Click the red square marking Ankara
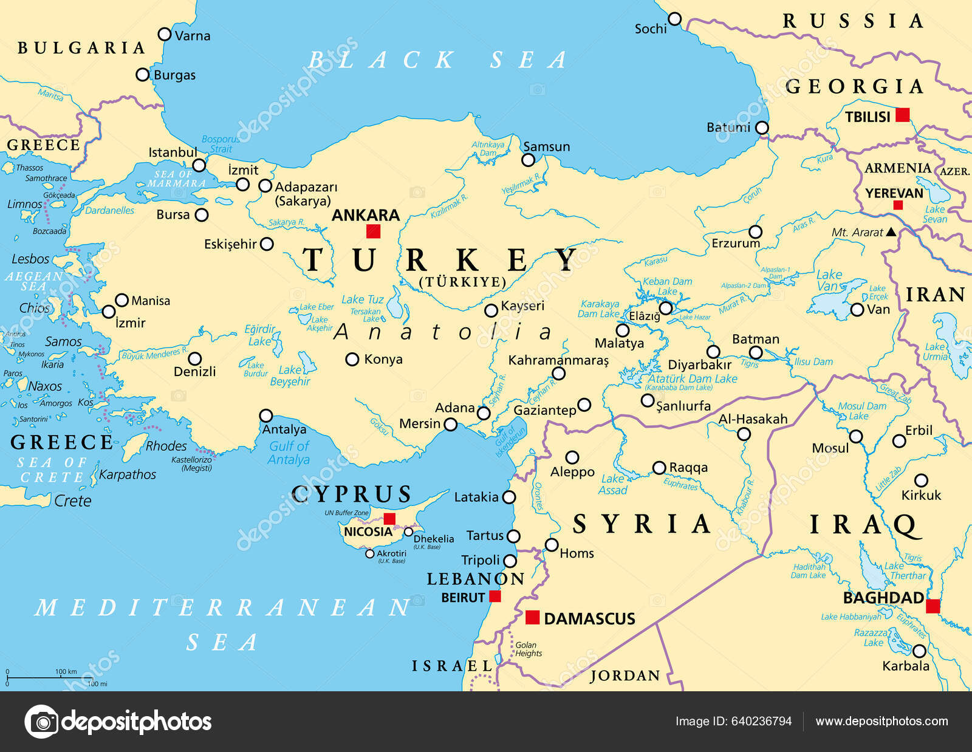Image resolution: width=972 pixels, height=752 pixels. pyautogui.click(x=373, y=231)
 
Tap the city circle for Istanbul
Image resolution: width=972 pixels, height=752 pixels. pyautogui.click(x=199, y=165)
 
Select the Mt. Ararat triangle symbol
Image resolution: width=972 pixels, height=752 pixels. pyautogui.click(x=891, y=231)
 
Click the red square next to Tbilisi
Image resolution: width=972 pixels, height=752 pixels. pyautogui.click(x=903, y=114)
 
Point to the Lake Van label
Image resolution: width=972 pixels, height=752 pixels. pyautogui.click(x=829, y=280)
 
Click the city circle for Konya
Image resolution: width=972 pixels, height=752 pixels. pyautogui.click(x=352, y=359)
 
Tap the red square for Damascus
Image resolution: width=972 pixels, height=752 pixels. pyautogui.click(x=532, y=617)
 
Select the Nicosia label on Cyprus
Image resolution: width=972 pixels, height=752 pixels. pyautogui.click(x=368, y=532)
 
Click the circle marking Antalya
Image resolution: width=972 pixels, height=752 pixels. pyautogui.click(x=266, y=415)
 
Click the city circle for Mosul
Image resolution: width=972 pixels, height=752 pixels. pyautogui.click(x=856, y=436)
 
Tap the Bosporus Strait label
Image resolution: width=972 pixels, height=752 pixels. pyautogui.click(x=220, y=144)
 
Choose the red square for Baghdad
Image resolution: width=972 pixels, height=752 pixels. pyautogui.click(x=933, y=606)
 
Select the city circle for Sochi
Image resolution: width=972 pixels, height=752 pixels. pyautogui.click(x=674, y=19)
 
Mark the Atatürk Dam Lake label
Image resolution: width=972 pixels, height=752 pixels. pyautogui.click(x=693, y=379)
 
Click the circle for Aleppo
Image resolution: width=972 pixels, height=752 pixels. pyautogui.click(x=572, y=457)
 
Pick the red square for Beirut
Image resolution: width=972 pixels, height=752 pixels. pyautogui.click(x=495, y=596)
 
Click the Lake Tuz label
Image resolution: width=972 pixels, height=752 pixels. pyautogui.click(x=362, y=299)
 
